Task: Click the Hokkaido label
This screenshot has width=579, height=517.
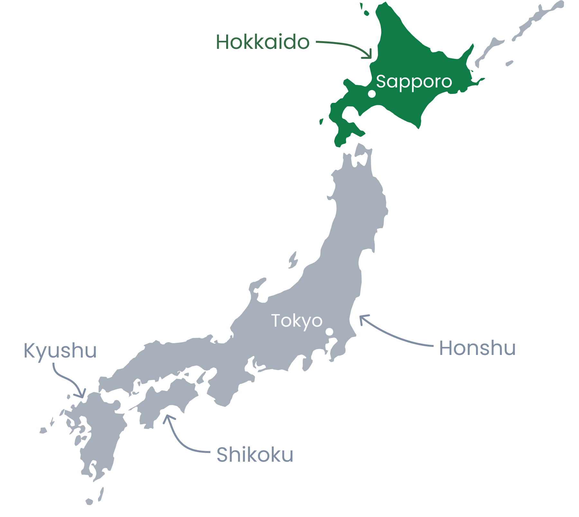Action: tap(262, 42)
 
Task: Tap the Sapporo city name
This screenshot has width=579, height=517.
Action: tap(414, 82)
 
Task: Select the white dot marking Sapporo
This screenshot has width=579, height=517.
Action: tap(372, 94)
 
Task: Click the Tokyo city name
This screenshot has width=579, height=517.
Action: tap(297, 321)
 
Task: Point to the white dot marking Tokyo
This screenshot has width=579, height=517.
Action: tap(329, 331)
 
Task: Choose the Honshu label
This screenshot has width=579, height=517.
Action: tap(477, 348)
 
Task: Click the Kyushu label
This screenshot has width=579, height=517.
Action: tap(60, 351)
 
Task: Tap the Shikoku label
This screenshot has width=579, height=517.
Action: tap(255, 455)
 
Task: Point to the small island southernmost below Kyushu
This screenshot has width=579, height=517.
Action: tap(89, 501)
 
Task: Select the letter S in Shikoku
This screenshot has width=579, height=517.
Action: tap(222, 455)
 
